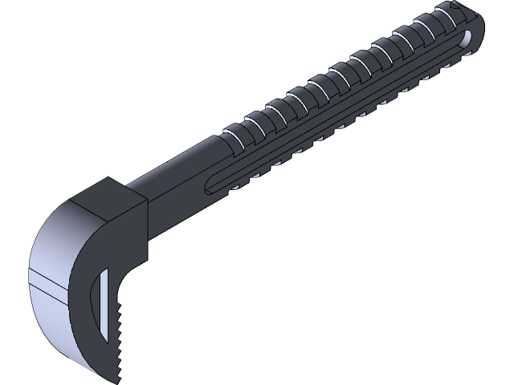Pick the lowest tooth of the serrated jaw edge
[x=120, y=371]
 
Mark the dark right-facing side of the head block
[x=138, y=233]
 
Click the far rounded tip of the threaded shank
[x=479, y=28]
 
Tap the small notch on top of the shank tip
[x=463, y=10]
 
